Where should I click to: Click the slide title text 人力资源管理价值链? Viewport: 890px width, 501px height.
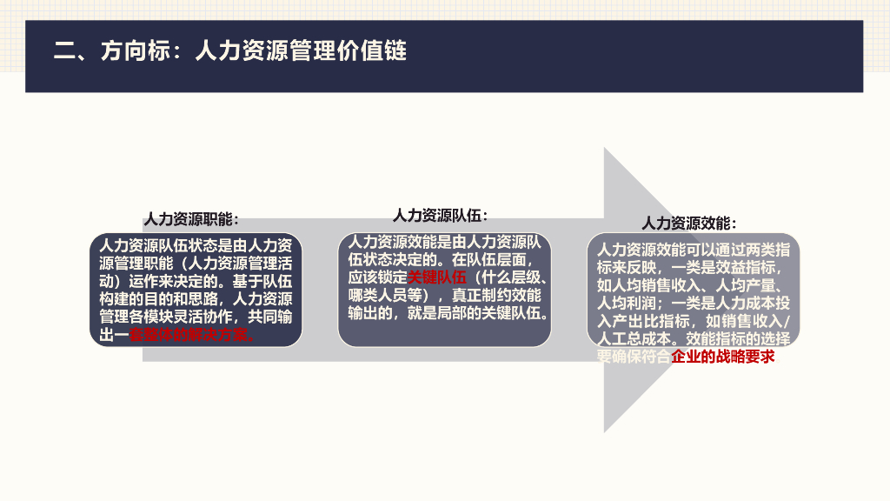pos(301,50)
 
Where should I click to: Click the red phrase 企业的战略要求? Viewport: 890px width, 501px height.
pos(722,356)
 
